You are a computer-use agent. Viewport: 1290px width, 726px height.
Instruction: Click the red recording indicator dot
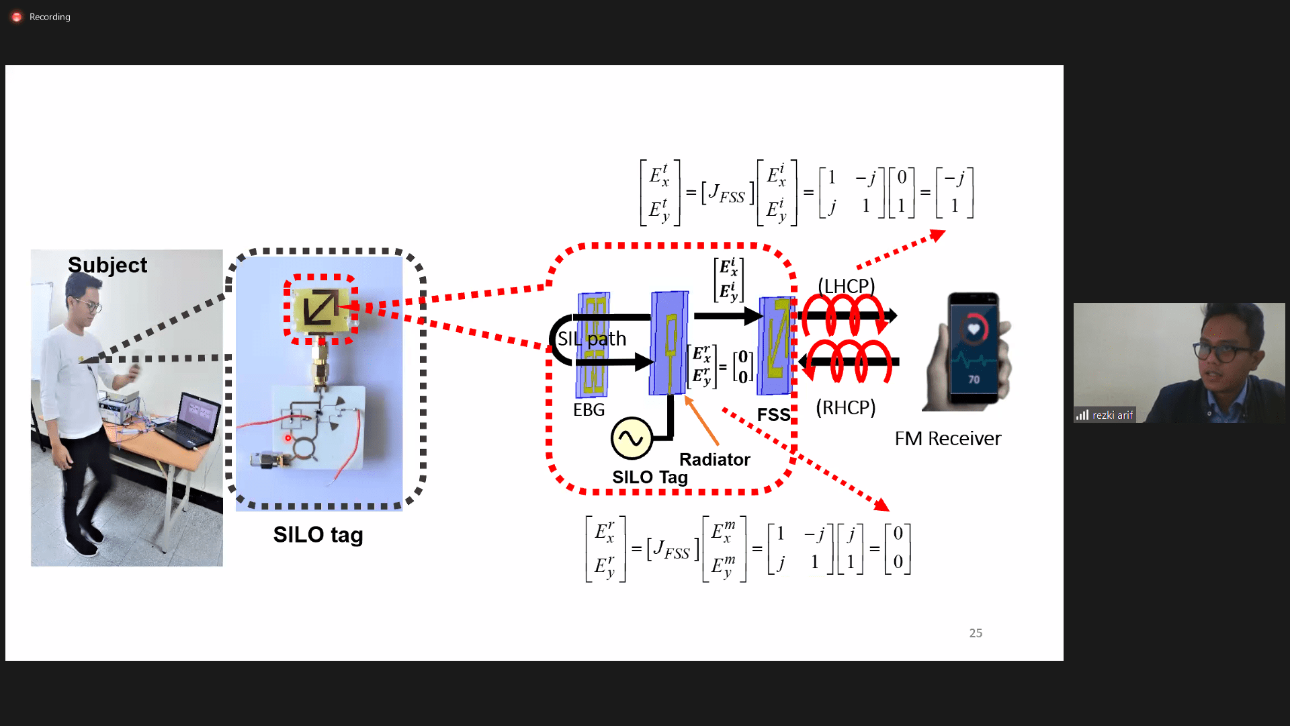tap(17, 17)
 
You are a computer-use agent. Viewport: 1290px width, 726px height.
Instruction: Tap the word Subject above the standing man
tap(107, 265)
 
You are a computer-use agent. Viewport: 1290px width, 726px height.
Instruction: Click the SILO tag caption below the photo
tap(318, 535)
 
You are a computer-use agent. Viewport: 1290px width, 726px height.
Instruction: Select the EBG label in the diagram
tap(589, 410)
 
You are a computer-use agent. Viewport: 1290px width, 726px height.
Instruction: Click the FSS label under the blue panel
tap(773, 415)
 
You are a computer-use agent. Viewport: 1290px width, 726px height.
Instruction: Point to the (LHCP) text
tap(846, 286)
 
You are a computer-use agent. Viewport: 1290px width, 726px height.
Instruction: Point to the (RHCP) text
tap(845, 407)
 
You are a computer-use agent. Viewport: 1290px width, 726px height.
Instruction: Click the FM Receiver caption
tap(947, 439)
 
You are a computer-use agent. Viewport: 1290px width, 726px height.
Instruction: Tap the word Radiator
tap(714, 460)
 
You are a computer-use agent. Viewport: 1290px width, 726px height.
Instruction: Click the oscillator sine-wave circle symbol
tap(632, 438)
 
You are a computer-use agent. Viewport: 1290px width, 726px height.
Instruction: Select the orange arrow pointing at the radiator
tap(701, 421)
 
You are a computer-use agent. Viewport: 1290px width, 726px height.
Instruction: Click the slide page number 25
tap(976, 633)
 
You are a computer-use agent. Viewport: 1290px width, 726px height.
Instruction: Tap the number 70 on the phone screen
tap(974, 380)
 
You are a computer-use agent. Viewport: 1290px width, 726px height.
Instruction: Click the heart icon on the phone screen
tap(974, 329)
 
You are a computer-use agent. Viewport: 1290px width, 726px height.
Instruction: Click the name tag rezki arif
tap(1112, 415)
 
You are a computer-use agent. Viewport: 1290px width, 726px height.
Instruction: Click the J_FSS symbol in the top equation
tap(727, 194)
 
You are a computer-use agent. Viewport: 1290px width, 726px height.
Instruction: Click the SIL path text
tap(592, 339)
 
